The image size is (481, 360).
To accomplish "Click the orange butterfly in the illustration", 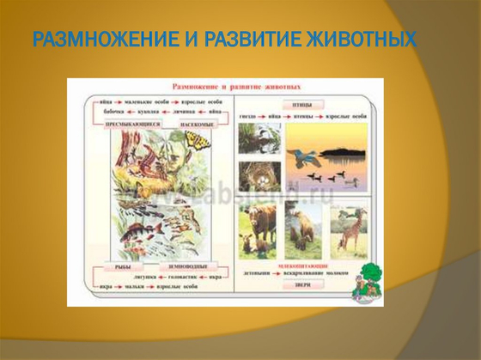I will click(198, 140).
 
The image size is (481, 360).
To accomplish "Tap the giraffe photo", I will click(349, 228).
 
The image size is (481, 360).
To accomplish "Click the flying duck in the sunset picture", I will click(305, 157).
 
